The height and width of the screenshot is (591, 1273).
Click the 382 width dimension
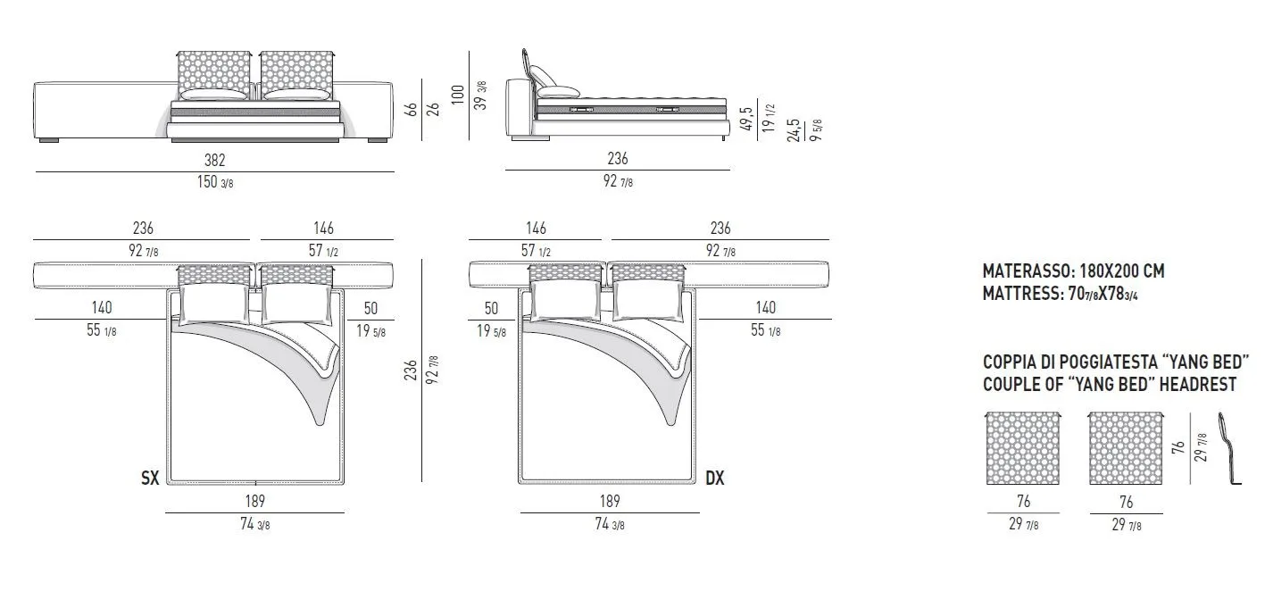[x=215, y=161]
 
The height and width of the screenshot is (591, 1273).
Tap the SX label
[x=150, y=479]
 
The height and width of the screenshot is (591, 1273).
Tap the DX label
[x=715, y=479]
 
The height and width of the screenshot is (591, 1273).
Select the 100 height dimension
[x=457, y=95]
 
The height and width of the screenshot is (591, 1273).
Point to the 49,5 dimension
[x=747, y=119]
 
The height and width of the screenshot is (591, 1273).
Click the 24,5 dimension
[x=794, y=130]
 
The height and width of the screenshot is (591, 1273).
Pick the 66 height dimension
[x=411, y=109]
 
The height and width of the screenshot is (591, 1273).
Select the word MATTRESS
[x=1020, y=293]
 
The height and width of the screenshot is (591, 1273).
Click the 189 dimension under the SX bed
[x=254, y=501]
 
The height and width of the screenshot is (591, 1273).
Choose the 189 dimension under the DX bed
[x=610, y=501]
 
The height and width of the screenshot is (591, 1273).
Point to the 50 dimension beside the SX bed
[x=370, y=308]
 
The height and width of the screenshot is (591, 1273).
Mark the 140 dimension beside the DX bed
[x=766, y=307]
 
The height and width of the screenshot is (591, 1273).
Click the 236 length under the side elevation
[x=618, y=159]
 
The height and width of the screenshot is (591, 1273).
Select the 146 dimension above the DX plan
[x=536, y=229]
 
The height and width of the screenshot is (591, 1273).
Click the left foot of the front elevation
[x=49, y=140]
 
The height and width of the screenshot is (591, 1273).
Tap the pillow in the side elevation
[x=559, y=91]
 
